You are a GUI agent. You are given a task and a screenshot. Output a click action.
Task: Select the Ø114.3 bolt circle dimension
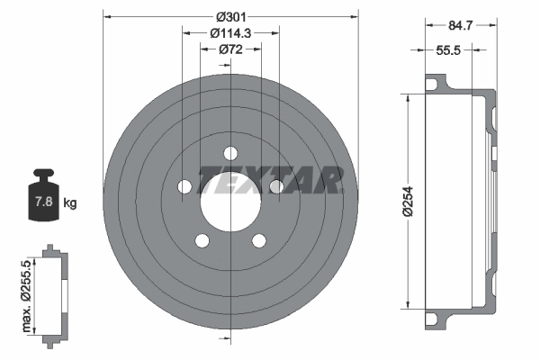(x=230, y=32)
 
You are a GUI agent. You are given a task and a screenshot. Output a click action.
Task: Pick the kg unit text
(x=70, y=203)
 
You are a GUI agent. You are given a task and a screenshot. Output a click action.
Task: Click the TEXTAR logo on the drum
(x=270, y=180)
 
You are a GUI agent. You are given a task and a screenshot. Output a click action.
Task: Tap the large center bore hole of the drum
(x=230, y=196)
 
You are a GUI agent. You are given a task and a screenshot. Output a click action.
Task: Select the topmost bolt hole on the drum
(x=230, y=153)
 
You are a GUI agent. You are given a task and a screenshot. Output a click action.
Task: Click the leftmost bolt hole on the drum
(x=184, y=186)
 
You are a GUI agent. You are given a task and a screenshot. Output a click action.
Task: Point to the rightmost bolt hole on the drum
(x=276, y=186)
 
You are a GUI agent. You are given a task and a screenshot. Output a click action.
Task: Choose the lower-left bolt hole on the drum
(x=202, y=240)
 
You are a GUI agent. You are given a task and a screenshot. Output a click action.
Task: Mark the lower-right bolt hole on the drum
(x=259, y=240)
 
